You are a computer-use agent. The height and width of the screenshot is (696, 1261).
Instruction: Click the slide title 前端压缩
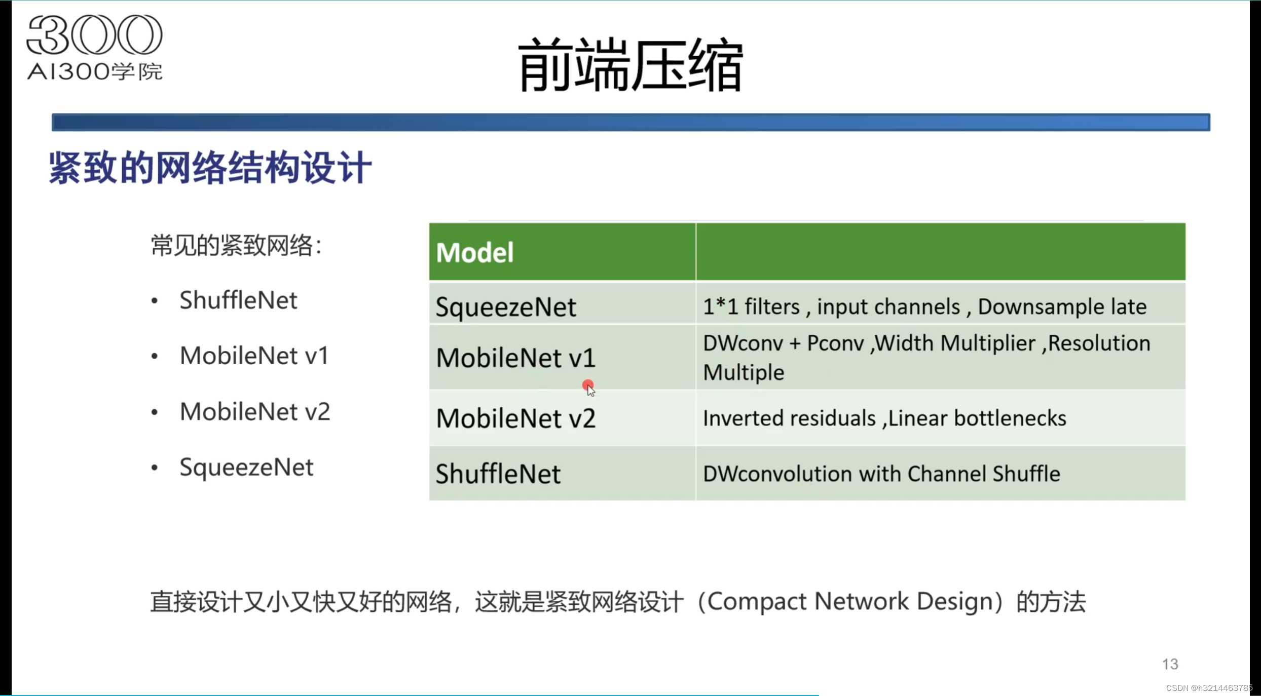[x=630, y=65]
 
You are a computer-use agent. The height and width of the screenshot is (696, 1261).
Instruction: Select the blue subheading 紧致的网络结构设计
[x=210, y=168]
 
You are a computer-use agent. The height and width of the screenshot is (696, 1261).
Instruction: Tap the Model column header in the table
[x=475, y=252]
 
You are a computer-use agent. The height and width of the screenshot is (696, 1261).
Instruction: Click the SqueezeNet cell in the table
[x=506, y=307]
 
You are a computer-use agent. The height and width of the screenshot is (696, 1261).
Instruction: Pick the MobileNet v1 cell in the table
[x=515, y=358]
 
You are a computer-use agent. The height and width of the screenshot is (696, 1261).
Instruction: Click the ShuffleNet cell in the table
[x=498, y=474]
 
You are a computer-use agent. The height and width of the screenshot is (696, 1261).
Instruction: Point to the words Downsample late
[x=1062, y=306]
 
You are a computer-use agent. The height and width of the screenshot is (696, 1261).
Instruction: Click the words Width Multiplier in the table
[x=955, y=343]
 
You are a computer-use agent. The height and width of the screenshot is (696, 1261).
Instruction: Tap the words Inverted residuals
[x=789, y=418]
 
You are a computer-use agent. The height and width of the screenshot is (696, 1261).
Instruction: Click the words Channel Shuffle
[x=983, y=474]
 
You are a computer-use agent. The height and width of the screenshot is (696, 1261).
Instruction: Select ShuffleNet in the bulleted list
[x=238, y=300]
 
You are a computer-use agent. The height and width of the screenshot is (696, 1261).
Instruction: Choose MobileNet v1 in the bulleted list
[x=254, y=356]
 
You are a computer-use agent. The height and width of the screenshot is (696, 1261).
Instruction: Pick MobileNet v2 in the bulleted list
[x=254, y=411]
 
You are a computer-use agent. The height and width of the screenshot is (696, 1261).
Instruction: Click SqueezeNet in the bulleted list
[x=246, y=467]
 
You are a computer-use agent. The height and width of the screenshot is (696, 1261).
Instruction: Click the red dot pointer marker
[x=587, y=385]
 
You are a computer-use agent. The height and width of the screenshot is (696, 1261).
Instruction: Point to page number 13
[x=1170, y=664]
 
